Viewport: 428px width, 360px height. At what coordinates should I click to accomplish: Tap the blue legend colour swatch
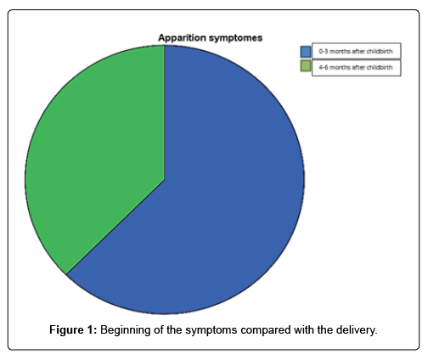[x=306, y=52]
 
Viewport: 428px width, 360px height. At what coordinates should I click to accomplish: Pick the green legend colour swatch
[x=306, y=66]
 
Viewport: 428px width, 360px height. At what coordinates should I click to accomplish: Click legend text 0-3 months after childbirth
[x=356, y=52]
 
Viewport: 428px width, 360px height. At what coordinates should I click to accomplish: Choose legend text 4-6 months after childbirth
[x=356, y=67]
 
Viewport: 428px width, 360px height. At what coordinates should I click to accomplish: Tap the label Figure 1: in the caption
[x=73, y=330]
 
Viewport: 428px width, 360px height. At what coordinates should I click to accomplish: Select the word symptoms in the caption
[x=211, y=331]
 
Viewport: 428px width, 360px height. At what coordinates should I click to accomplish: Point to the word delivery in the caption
[x=357, y=330]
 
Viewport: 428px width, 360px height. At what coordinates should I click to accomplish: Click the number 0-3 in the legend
[x=324, y=52]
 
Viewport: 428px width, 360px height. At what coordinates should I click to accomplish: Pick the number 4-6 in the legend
[x=324, y=67]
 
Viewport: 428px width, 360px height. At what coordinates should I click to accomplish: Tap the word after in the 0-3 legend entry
[x=358, y=52]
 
